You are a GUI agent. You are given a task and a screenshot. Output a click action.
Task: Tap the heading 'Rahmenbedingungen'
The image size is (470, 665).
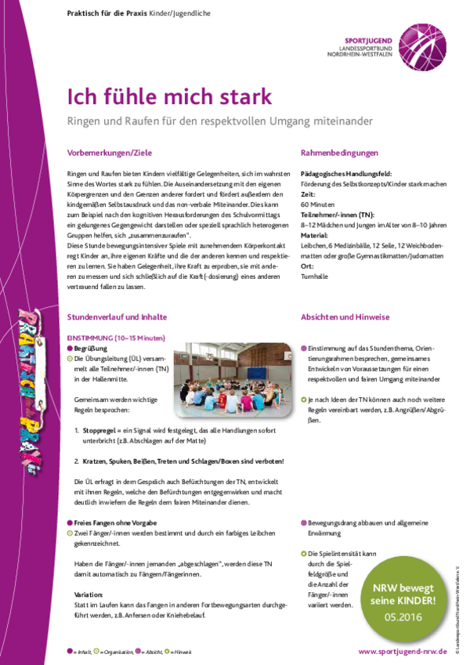(x=339, y=154)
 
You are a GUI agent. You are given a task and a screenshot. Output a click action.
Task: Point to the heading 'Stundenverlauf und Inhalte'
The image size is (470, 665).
(x=116, y=317)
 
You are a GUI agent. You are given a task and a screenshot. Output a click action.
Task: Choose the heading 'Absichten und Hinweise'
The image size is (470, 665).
(x=345, y=317)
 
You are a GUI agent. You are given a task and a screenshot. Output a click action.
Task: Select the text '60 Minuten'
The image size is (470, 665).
(x=318, y=203)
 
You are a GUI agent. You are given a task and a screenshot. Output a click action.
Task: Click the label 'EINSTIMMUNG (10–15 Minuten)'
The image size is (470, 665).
(x=115, y=337)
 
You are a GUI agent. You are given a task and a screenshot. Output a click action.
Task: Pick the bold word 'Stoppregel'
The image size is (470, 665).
(x=100, y=430)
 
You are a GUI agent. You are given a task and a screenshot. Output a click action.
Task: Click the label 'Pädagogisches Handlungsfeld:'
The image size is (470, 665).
(x=345, y=173)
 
